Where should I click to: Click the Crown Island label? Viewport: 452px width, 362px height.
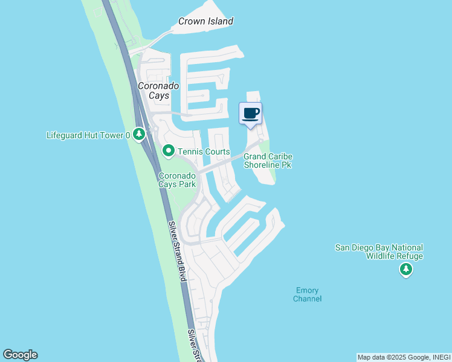(x=205, y=21)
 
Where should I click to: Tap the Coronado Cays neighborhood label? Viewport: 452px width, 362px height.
(x=158, y=91)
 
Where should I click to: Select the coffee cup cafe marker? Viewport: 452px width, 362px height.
(x=251, y=113)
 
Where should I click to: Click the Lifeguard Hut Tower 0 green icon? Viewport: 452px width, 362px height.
(x=139, y=133)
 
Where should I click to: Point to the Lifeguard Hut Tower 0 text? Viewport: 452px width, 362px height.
(x=88, y=135)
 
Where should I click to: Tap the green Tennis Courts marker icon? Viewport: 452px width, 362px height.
(x=169, y=151)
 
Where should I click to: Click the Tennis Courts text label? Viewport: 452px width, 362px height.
(x=204, y=151)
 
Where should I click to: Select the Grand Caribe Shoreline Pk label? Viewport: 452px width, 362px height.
(x=268, y=160)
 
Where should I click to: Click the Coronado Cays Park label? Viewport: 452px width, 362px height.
(x=176, y=180)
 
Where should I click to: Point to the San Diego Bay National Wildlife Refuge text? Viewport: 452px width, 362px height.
(x=379, y=252)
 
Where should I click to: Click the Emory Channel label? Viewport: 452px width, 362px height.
(x=307, y=294)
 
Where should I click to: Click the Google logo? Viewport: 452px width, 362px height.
(x=20, y=355)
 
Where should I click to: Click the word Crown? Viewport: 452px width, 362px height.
(x=190, y=21)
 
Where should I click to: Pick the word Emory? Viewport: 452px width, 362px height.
(x=307, y=290)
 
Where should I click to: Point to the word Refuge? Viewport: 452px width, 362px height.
(x=409, y=256)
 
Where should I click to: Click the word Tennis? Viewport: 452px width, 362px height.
(x=190, y=151)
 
